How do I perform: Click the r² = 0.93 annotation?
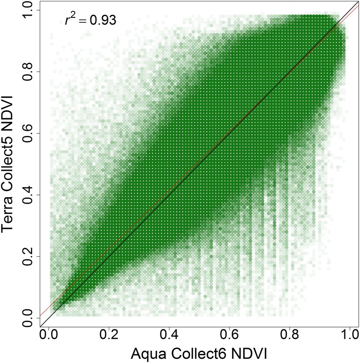90,20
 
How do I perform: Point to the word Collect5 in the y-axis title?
11,149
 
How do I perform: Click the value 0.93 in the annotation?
102,20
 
